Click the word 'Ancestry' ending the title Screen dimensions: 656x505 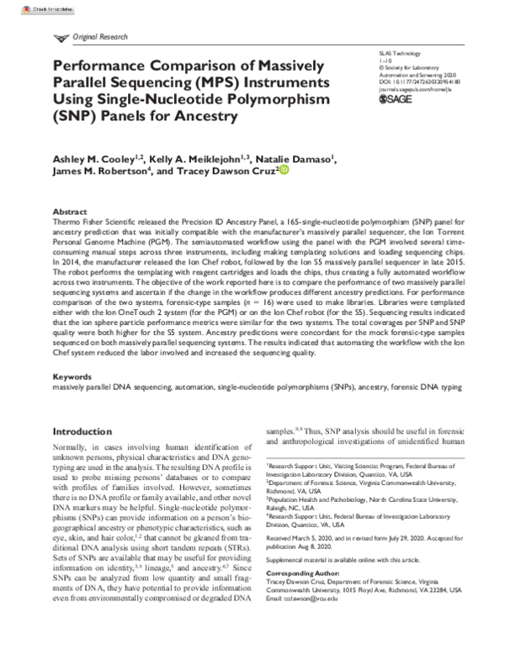point(201,116)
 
